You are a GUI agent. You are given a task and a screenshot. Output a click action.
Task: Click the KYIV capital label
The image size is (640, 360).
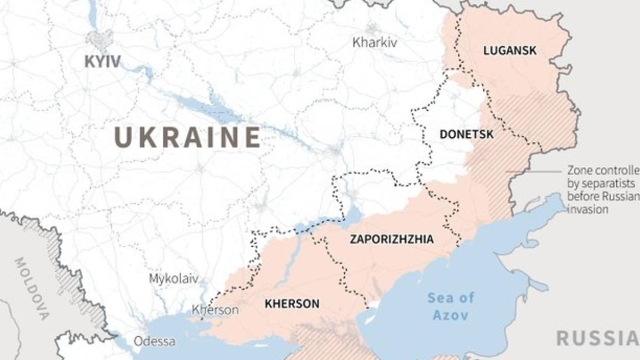tap(102, 61)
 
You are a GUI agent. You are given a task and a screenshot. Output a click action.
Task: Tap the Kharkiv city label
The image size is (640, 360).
tap(374, 43)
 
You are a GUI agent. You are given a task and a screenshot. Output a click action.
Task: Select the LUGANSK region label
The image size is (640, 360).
tap(509, 51)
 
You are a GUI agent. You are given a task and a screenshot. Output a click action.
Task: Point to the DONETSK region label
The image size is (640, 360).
tap(466, 134)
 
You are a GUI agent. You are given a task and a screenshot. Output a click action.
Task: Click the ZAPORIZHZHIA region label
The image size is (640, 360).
tap(391, 239)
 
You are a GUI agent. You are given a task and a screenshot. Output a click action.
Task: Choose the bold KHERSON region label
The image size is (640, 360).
tap(292, 304)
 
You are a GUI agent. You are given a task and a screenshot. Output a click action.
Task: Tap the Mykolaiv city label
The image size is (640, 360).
tap(173, 279)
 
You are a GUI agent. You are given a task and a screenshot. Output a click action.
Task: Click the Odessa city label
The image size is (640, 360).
tap(154, 341)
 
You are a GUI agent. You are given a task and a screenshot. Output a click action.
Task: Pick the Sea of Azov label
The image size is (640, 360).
tap(450, 306)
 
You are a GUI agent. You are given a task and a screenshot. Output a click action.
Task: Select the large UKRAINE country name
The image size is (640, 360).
tap(188, 138)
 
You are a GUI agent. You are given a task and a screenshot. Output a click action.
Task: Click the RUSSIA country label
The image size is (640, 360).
tap(597, 338)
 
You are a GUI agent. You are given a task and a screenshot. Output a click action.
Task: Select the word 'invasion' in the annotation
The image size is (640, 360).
tap(587, 210)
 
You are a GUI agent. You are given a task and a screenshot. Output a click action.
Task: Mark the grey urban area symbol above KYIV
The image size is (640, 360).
tap(100, 39)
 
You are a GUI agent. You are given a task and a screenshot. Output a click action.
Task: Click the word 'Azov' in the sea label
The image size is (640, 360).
tap(450, 315)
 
